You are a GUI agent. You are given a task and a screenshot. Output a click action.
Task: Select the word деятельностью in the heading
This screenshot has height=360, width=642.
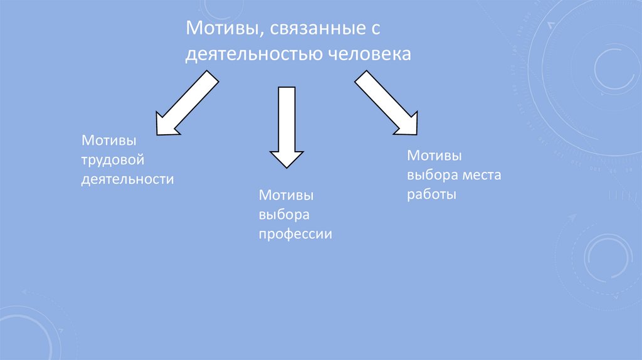coord(253,55)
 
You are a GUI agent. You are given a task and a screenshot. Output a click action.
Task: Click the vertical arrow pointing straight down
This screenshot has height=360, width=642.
coord(287,125)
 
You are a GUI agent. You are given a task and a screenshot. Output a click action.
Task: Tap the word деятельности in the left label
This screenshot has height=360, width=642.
coord(127,179)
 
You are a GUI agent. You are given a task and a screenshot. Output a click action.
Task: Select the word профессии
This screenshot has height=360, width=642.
coord(295,235)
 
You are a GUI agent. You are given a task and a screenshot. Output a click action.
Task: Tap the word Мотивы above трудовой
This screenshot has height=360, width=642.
coord(108,140)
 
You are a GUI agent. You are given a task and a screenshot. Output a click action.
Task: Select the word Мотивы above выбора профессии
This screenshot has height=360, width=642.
coord(287,196)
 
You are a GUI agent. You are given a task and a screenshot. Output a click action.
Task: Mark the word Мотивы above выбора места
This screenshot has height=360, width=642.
coord(434,155)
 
